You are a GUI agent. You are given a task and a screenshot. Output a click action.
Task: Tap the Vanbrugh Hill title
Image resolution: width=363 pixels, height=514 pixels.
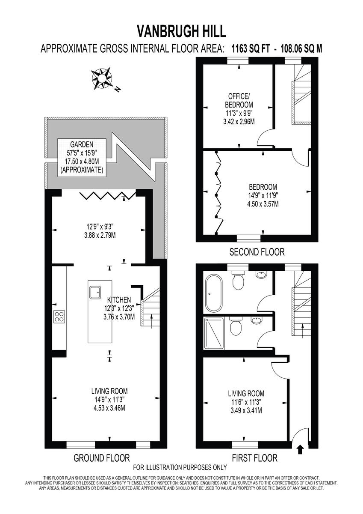(x=181, y=31)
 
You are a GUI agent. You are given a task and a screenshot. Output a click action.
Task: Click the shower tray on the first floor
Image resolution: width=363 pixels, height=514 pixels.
(x=214, y=334)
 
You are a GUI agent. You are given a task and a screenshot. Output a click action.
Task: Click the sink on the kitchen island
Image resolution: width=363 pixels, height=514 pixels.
(x=94, y=292)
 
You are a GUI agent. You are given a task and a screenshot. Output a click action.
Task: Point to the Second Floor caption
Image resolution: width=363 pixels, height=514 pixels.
(x=257, y=252)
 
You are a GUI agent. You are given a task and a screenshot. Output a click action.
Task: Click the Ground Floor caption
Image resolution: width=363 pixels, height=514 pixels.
(x=102, y=458)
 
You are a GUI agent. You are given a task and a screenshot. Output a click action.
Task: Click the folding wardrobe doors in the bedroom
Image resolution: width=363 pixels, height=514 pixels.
(x=218, y=193)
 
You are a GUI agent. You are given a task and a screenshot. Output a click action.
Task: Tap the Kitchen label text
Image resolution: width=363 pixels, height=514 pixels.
(x=119, y=300)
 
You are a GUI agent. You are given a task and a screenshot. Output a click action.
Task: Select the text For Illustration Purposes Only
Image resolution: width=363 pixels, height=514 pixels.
(x=180, y=467)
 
